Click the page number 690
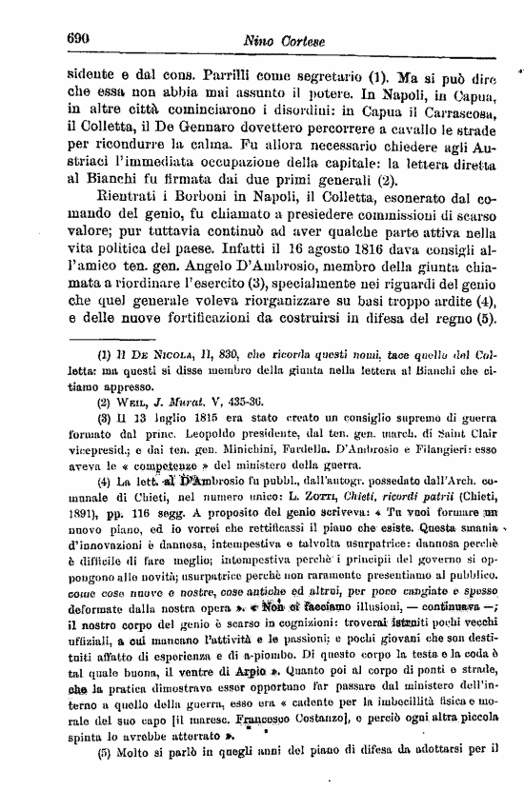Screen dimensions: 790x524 point(77,38)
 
